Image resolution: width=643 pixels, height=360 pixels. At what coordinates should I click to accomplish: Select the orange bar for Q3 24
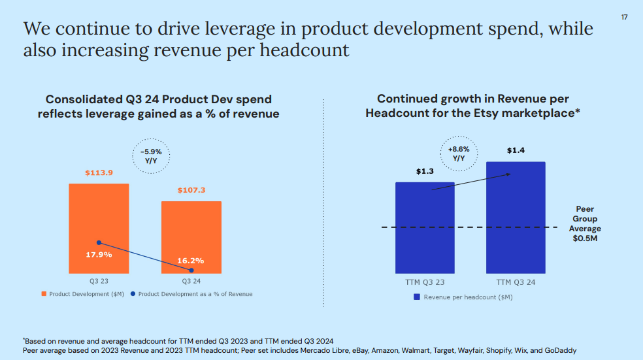tap(191, 229)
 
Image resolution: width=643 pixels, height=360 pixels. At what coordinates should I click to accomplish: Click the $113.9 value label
tap(99, 173)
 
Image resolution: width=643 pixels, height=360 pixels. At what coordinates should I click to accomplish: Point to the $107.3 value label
tap(191, 190)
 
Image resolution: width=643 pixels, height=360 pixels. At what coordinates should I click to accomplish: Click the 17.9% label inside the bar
tap(99, 254)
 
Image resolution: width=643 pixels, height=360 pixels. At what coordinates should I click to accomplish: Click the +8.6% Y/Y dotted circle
tap(459, 154)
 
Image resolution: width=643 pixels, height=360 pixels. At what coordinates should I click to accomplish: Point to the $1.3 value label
tap(425, 172)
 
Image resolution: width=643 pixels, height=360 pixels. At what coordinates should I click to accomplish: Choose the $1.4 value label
tap(516, 151)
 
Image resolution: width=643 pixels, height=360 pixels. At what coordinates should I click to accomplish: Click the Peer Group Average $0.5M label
tap(585, 223)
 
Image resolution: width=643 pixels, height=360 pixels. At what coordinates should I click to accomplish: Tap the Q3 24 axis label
tap(191, 282)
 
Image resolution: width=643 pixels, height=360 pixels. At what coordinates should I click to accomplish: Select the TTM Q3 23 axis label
tap(425, 283)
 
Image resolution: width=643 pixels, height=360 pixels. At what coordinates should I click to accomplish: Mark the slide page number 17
tap(623, 17)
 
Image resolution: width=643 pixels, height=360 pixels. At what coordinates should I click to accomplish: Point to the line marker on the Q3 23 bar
tap(99, 242)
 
